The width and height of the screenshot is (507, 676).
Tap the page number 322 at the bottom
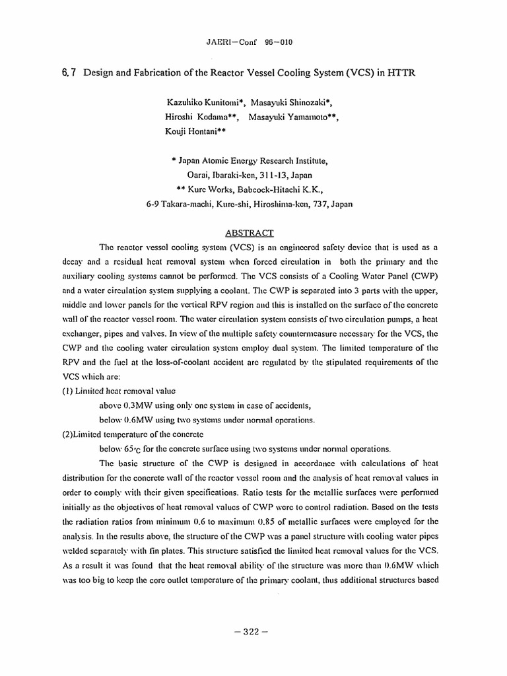pyautogui.click(x=253, y=631)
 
